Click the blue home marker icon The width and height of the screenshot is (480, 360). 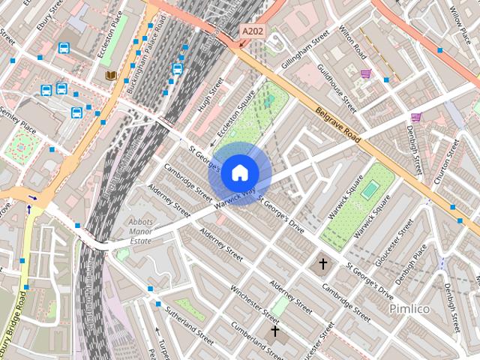pyautogui.click(x=239, y=172)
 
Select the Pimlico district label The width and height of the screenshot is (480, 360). pyautogui.click(x=408, y=308)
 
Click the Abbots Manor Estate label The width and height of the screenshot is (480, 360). pyautogui.click(x=141, y=232)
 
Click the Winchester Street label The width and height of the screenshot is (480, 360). pyautogui.click(x=255, y=300)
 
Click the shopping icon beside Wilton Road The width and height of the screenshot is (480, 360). pyautogui.click(x=365, y=73)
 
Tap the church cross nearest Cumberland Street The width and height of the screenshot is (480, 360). pyautogui.click(x=275, y=331)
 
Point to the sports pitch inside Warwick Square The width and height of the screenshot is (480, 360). pyautogui.click(x=369, y=190)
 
